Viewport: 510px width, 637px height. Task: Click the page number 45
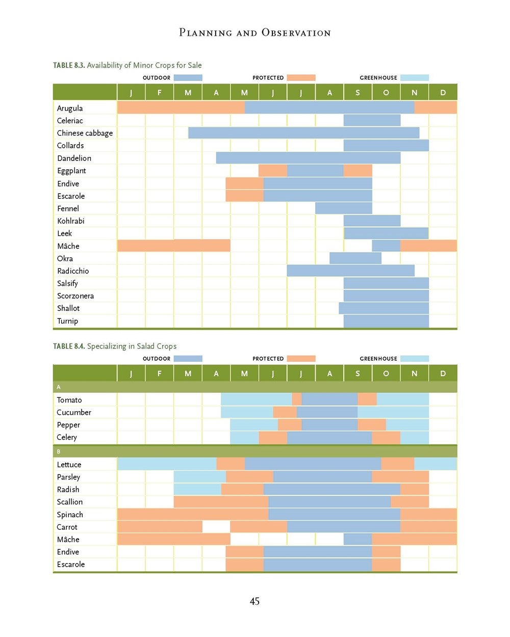tap(254, 601)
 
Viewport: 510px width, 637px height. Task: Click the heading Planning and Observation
tap(254, 33)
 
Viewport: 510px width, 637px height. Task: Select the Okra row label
tap(65, 258)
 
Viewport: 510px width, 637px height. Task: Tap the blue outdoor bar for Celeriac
tap(372, 120)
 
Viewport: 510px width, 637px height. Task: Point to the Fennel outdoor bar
tap(343, 208)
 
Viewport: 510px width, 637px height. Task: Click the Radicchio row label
tap(73, 271)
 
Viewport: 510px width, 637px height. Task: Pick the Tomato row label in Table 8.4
tap(69, 400)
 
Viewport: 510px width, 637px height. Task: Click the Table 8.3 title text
tap(127, 65)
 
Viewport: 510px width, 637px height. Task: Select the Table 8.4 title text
tap(115, 346)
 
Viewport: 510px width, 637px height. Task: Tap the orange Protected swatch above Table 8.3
tap(301, 78)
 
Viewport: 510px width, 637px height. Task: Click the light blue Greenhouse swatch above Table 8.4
tap(414, 359)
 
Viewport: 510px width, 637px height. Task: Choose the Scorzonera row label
tap(75, 296)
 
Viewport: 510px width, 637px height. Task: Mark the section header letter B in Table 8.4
tap(59, 452)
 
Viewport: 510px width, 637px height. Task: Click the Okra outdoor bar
tap(355, 258)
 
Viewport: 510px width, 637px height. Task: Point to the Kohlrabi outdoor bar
tap(372, 221)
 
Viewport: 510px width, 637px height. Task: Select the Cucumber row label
tap(74, 412)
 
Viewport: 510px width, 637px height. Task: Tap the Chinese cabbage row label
tap(85, 133)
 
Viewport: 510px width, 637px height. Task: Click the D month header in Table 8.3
tap(443, 92)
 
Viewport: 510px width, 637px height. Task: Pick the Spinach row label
tap(70, 515)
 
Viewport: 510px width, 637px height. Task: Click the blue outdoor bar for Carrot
tap(343, 527)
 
